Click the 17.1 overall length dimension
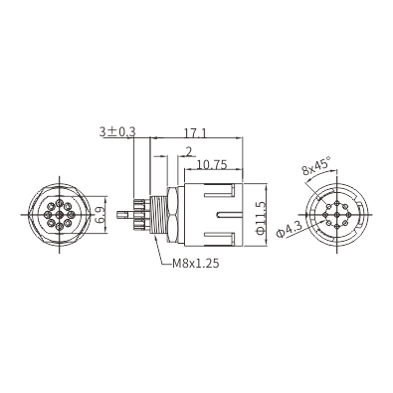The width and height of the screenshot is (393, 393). (195, 132)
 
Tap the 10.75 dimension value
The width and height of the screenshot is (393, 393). (212, 164)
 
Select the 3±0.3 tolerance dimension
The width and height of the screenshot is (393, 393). (117, 132)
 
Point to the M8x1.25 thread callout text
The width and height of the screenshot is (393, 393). (196, 264)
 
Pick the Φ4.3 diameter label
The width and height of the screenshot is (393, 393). (289, 230)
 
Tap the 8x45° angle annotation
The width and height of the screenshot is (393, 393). (316, 165)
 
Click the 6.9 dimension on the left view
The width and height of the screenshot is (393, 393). (99, 215)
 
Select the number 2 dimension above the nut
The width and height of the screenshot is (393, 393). (189, 152)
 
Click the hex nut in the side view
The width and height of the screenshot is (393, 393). (174, 215)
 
